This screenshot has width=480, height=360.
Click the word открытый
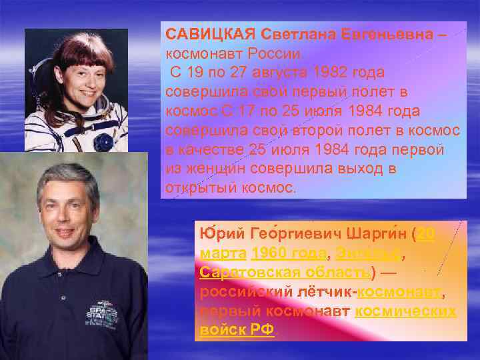tap(199, 188)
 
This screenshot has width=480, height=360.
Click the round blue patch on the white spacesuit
tap(103, 141)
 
